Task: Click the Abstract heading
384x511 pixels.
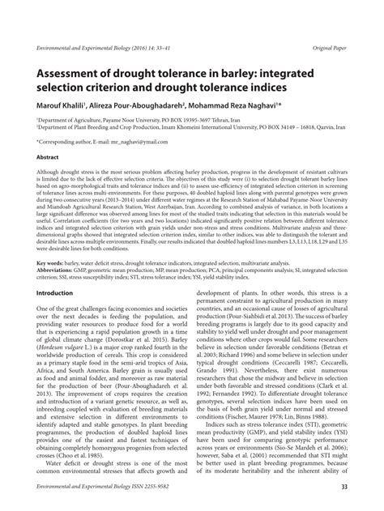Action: pos(48,156)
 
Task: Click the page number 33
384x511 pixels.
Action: pos(343,486)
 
